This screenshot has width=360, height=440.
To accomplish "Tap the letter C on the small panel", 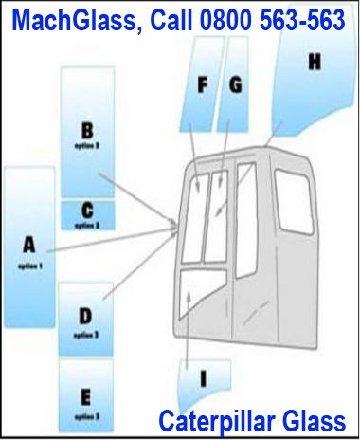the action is [x=87, y=210].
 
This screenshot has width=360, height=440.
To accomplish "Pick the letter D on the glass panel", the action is [x=85, y=316].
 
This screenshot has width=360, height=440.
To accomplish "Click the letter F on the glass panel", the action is [x=202, y=83].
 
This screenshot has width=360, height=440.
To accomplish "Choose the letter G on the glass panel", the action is [x=235, y=83].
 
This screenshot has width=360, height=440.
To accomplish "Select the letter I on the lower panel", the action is [x=202, y=378].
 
